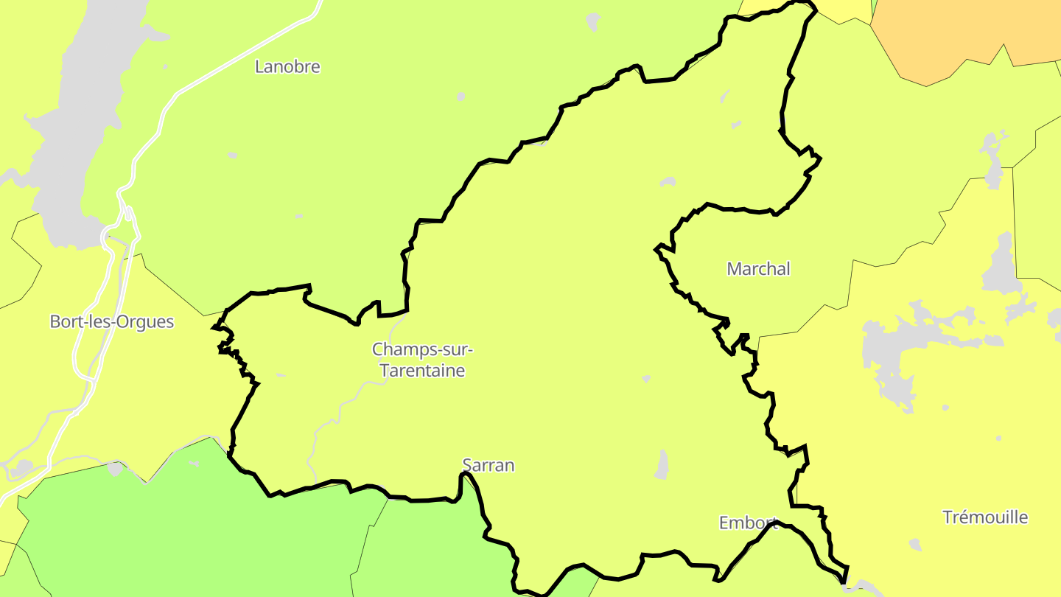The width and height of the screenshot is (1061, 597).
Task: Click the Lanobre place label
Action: [287, 66]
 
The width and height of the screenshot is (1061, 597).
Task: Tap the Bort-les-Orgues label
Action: [112, 322]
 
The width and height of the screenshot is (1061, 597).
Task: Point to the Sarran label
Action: [488, 465]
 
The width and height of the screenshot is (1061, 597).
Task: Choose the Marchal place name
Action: [758, 269]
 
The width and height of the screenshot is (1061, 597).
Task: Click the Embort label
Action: [748, 523]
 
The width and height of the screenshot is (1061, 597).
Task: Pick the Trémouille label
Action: [985, 517]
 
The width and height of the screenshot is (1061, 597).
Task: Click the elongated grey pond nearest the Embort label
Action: [662, 464]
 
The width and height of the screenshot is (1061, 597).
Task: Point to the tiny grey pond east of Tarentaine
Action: [646, 379]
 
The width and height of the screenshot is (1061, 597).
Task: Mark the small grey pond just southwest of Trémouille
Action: [914, 545]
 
